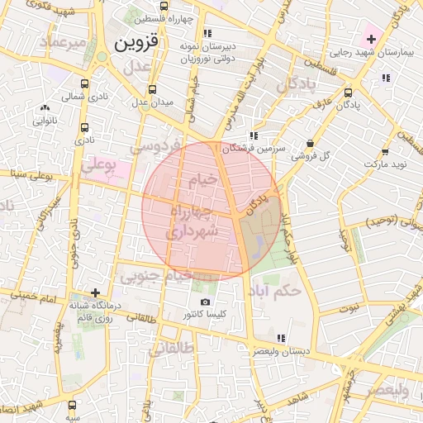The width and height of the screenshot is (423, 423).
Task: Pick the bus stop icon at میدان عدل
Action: coord(151,89)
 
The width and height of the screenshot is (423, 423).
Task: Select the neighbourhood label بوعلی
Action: coord(99,166)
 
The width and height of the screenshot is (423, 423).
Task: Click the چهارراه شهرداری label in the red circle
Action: coord(195,222)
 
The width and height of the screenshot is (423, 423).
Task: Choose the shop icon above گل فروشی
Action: coord(310,142)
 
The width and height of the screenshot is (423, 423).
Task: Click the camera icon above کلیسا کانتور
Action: coord(206,302)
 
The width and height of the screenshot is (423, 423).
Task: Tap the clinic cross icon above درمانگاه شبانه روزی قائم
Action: coord(97,292)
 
